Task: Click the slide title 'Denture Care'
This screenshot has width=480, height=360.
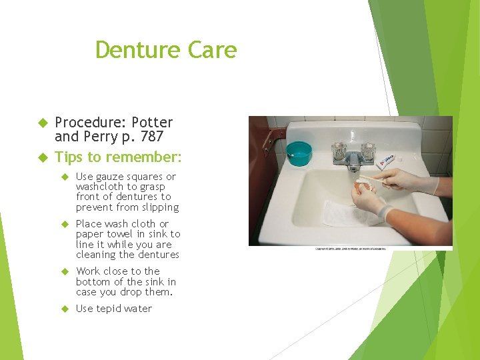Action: (166, 50)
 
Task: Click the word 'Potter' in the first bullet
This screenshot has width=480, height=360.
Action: (152, 123)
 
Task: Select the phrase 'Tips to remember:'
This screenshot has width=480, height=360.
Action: (118, 157)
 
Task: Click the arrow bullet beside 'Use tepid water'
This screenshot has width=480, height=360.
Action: (65, 309)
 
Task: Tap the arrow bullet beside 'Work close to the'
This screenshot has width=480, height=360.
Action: (65, 271)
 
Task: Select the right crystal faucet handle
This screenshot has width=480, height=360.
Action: (367, 151)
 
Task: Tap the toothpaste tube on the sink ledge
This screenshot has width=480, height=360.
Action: (389, 161)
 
